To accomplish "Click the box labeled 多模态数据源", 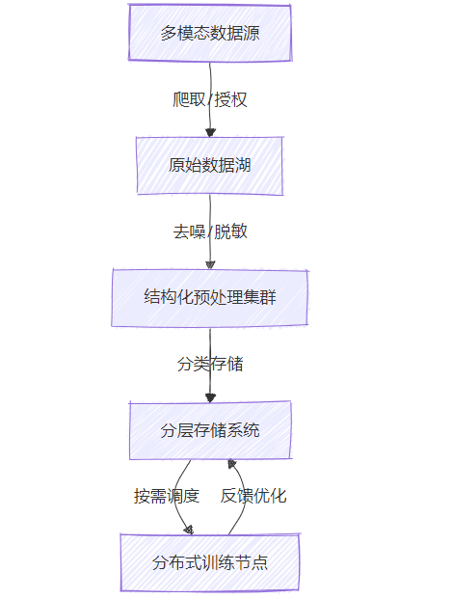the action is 210,33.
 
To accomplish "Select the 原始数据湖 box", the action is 210,165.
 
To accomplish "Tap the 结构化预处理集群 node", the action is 210,298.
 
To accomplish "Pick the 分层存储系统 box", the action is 210,430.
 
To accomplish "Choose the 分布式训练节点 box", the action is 210,562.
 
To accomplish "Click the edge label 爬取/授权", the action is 210,99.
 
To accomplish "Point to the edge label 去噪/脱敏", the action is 210,231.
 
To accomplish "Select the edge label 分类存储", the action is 210,364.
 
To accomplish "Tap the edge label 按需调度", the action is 167,496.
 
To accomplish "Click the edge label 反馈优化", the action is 253,496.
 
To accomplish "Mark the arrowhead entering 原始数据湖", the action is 210,132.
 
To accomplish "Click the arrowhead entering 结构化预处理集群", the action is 210,264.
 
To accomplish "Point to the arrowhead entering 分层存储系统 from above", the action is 210,397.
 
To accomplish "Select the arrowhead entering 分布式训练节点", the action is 189,530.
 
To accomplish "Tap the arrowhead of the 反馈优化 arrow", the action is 231,464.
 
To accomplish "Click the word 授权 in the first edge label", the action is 231,99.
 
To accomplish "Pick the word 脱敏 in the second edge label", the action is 231,231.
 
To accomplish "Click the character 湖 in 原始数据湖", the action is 243,165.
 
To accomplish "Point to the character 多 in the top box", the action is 169,33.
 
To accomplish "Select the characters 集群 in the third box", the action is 259,298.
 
